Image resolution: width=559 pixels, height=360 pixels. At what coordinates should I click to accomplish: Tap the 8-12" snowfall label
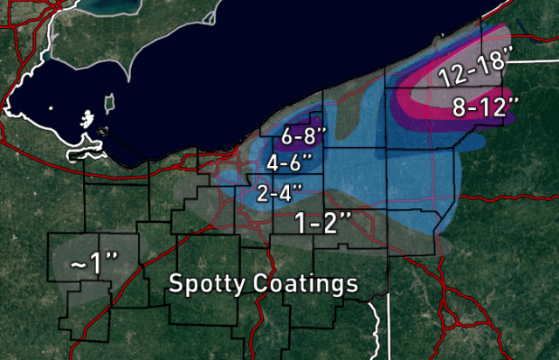(x=486, y=107)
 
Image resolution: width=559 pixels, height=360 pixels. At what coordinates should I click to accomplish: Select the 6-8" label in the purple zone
(x=304, y=136)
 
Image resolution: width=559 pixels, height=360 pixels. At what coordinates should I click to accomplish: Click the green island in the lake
(x=110, y=104)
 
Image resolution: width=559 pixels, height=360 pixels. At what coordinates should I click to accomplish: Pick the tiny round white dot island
(x=52, y=108)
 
